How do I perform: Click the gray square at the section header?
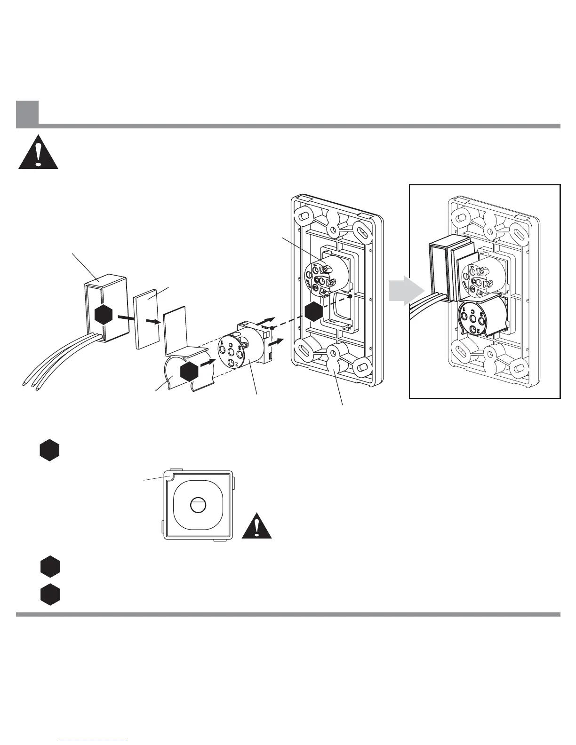coord(27,114)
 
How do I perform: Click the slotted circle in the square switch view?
coord(196,505)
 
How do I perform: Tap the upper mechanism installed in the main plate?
coord(321,277)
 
